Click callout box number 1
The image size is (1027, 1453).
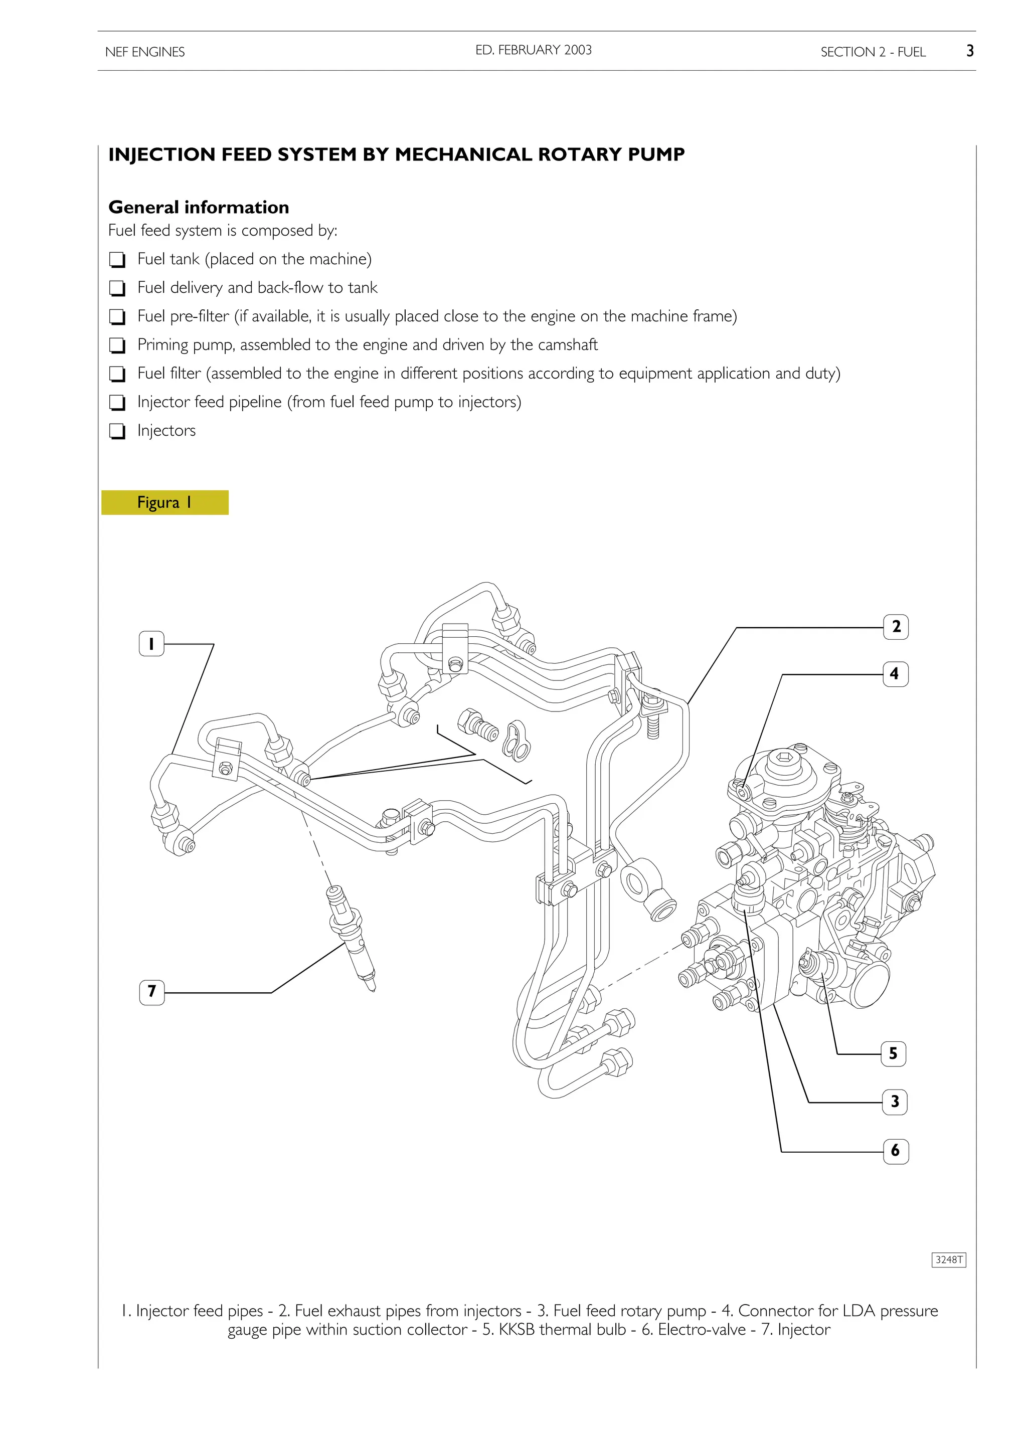(151, 644)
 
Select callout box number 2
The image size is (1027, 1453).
(896, 627)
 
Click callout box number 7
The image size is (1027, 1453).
(151, 992)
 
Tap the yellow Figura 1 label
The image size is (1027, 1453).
(164, 502)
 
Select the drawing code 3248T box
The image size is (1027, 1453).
(949, 1259)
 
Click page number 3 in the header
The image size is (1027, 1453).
(969, 51)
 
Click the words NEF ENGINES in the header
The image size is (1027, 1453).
(145, 52)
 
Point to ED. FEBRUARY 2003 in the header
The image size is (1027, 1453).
(534, 50)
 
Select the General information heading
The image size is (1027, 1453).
(199, 207)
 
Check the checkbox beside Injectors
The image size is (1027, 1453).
(117, 431)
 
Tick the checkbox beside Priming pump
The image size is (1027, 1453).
(117, 345)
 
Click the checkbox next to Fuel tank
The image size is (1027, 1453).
(117, 260)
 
